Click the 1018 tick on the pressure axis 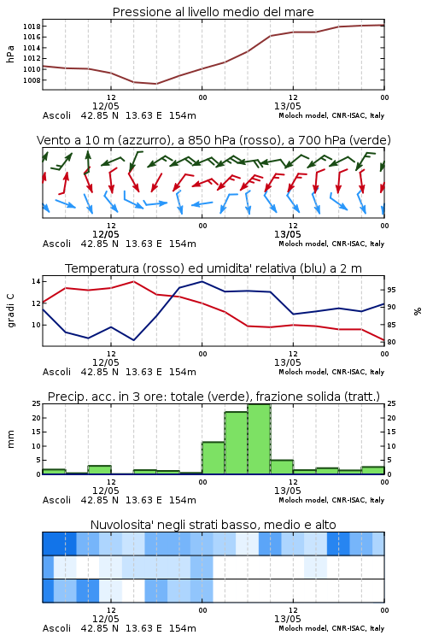tap(31, 26)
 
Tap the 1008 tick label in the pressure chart tap(31, 80)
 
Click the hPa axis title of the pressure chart tap(10, 54)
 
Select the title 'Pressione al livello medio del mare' tap(213, 12)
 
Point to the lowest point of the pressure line tap(155, 84)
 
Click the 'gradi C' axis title tap(10, 311)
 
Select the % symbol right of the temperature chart tap(418, 311)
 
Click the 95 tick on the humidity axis tap(391, 290)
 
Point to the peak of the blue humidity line tap(202, 281)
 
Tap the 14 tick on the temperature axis tap(36, 281)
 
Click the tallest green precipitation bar tap(259, 439)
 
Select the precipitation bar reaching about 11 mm tap(213, 458)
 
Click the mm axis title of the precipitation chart tap(10, 439)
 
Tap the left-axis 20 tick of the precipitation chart tap(36, 418)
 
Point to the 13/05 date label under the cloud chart tap(287, 619)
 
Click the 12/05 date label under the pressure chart tap(105, 106)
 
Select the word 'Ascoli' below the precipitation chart tap(57, 500)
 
